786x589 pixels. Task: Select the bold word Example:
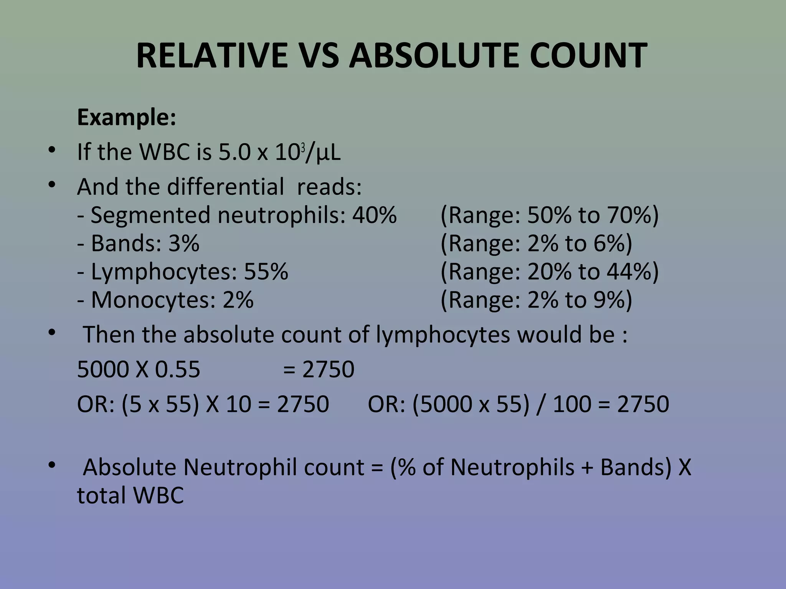tap(127, 117)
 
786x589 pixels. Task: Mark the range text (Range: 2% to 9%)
tap(536, 300)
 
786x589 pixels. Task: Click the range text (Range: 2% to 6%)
tap(536, 243)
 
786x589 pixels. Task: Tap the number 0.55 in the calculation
tap(177, 370)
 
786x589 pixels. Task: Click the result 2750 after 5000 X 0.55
tap(328, 370)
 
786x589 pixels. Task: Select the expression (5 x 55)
tap(160, 404)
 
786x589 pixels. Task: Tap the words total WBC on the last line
tap(130, 495)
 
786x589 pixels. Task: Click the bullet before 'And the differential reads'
tap(52, 186)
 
